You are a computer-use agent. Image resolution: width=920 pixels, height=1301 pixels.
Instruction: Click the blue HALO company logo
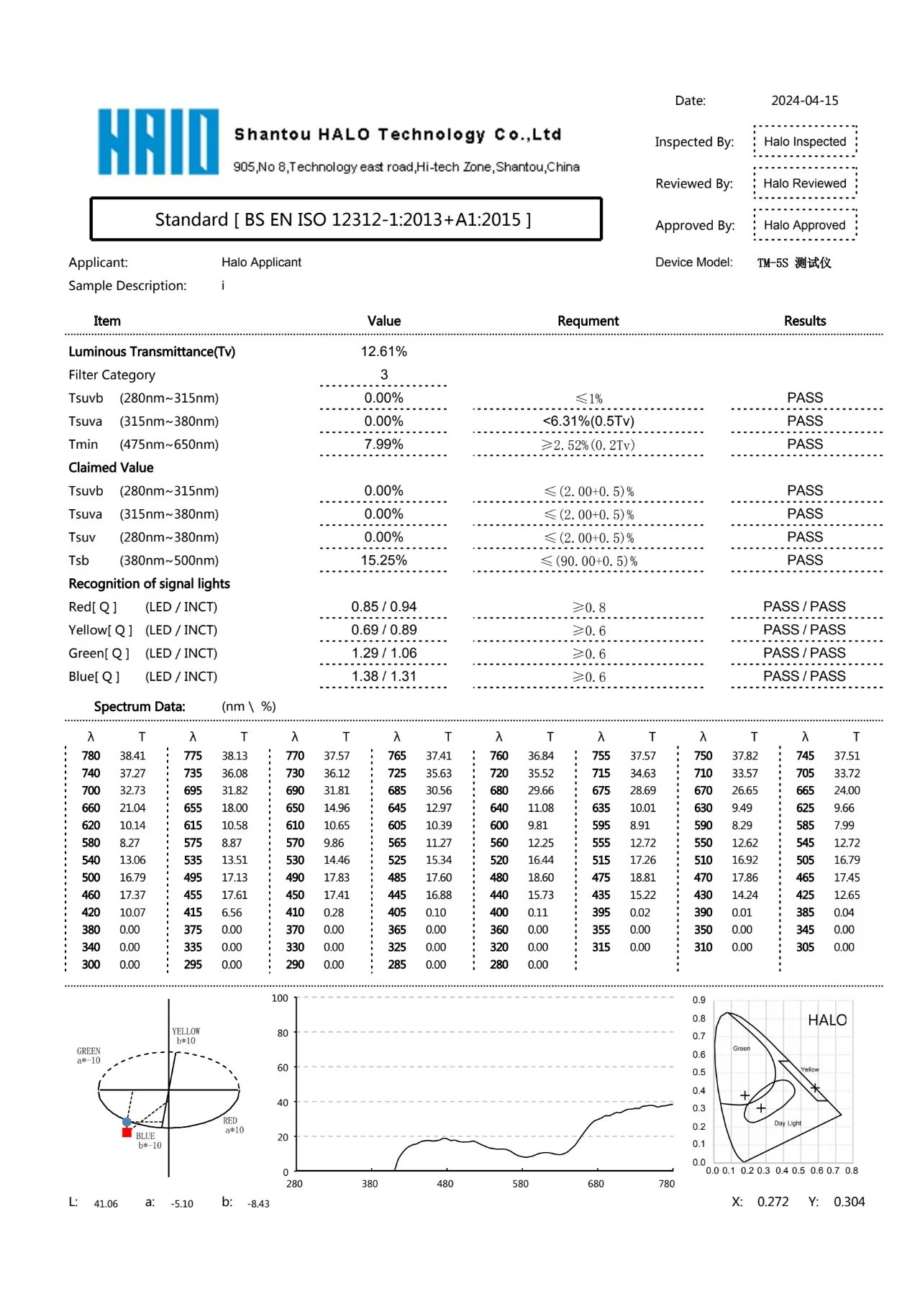[158, 142]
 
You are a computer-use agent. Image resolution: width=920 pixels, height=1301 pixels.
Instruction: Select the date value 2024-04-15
[804, 101]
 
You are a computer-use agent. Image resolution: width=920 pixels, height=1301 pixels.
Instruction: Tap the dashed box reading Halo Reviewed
[804, 183]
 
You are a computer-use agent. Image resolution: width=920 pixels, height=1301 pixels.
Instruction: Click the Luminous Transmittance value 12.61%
[383, 352]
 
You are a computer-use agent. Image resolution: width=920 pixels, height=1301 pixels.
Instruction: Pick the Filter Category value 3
[383, 375]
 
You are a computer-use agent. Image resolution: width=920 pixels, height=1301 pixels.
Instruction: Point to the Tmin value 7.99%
[383, 444]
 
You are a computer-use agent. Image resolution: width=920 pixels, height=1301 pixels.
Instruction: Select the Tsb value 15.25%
[383, 560]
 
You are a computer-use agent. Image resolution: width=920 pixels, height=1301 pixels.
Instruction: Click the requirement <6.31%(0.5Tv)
[588, 421]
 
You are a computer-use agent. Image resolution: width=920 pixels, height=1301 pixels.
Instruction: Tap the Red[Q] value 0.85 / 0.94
[383, 607]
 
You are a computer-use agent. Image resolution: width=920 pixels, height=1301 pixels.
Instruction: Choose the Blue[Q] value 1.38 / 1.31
[383, 677]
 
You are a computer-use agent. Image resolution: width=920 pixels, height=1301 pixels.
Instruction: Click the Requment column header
[588, 321]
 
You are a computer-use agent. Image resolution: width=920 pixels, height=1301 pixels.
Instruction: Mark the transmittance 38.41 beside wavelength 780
[132, 756]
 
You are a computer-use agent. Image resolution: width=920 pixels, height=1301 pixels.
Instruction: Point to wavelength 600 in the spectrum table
[499, 826]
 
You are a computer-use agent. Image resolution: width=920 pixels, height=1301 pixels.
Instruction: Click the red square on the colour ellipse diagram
[127, 1133]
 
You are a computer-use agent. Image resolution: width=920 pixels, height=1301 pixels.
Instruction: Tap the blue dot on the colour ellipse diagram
[127, 1122]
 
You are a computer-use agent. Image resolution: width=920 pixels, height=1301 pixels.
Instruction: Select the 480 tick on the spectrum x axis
[445, 1184]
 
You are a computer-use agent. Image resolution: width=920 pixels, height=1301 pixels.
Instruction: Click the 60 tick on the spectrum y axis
[283, 1068]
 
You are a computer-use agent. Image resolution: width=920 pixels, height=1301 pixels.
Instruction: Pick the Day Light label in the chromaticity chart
[788, 1123]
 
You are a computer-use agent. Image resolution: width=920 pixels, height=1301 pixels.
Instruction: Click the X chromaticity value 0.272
[773, 1202]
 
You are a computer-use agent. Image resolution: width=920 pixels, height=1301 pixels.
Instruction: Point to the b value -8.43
[258, 1204]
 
